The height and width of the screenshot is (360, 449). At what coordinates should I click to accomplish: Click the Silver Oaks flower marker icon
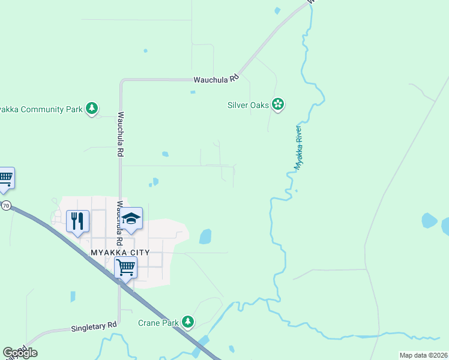(x=277, y=105)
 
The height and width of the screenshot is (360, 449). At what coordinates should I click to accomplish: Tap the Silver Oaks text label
(x=248, y=105)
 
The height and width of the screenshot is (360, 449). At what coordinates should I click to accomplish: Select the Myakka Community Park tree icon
(x=91, y=109)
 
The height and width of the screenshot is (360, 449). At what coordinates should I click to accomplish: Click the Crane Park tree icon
(x=188, y=322)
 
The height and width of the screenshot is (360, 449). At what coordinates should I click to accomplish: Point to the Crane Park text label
(x=158, y=323)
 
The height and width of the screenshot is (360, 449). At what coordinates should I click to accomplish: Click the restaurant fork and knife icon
(x=78, y=221)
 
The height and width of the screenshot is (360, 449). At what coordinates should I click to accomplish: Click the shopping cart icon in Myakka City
(x=125, y=267)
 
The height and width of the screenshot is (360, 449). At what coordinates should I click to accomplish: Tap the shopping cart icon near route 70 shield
(x=5, y=178)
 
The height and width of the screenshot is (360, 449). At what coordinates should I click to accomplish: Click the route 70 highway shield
(x=6, y=206)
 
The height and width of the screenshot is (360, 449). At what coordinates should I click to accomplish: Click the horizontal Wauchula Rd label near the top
(x=216, y=79)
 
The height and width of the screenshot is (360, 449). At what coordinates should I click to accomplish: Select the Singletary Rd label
(x=94, y=328)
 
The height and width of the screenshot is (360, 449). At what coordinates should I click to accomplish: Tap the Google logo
(x=20, y=353)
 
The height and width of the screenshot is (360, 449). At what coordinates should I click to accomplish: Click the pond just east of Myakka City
(x=205, y=236)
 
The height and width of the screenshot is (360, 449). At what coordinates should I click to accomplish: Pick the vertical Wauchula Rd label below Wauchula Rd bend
(x=121, y=134)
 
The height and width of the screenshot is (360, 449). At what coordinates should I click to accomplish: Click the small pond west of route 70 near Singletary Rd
(x=73, y=296)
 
